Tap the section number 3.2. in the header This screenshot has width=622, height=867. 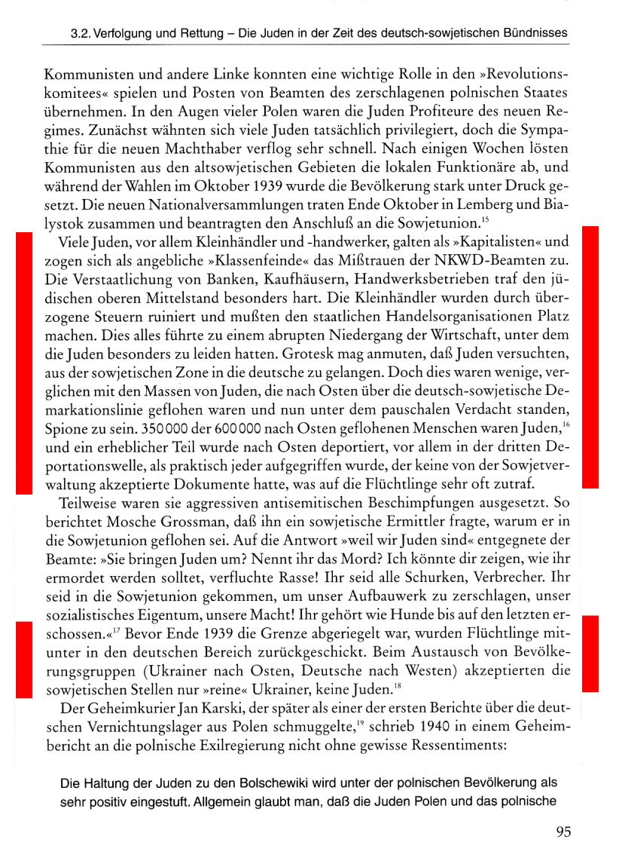(81, 34)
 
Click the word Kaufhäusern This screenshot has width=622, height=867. (273, 274)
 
